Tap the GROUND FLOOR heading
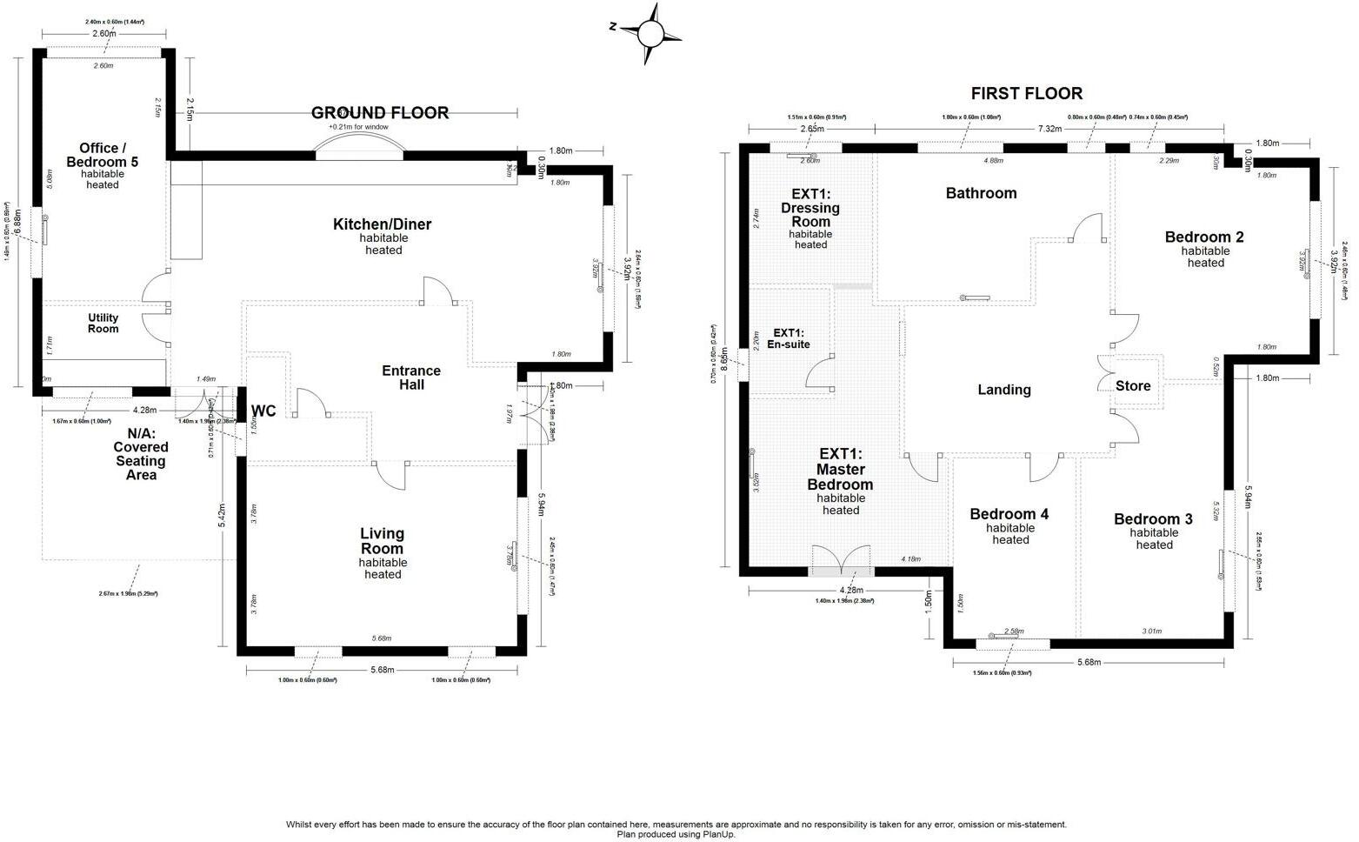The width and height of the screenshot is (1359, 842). (380, 113)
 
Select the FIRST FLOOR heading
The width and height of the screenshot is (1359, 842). (1026, 93)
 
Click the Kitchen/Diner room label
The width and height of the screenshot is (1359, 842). (382, 224)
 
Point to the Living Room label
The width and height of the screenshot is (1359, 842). (382, 541)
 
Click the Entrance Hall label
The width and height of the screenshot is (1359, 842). (411, 378)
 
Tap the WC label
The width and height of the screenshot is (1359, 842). (263, 411)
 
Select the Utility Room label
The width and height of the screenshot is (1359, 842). (103, 324)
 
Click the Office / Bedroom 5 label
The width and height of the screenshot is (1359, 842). (103, 155)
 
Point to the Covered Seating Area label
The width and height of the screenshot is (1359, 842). (141, 454)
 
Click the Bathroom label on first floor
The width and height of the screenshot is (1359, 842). (981, 193)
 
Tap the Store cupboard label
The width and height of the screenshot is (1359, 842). (1133, 386)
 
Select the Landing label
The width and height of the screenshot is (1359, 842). (1004, 390)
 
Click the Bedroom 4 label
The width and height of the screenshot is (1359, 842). (1009, 514)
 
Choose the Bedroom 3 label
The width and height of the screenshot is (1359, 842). (1153, 519)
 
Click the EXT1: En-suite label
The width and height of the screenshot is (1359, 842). (789, 338)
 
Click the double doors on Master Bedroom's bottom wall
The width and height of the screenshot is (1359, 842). (841, 561)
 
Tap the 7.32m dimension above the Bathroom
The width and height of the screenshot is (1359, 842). (1049, 129)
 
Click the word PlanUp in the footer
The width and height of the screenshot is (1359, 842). (718, 834)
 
